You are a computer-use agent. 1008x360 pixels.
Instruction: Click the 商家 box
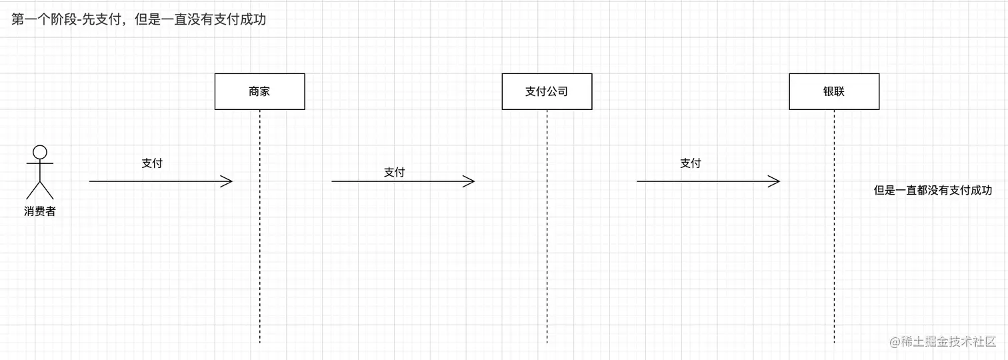pos(259,91)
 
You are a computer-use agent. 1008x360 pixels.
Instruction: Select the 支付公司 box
pos(547,91)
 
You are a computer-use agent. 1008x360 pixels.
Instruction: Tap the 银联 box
pos(834,91)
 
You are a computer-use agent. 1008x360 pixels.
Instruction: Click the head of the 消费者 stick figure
pos(40,151)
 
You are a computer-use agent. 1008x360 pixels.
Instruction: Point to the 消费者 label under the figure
pos(40,212)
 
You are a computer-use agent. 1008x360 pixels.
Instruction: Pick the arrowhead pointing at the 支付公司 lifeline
pos(469,181)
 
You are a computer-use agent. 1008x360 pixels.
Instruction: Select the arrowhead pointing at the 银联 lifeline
pos(775,181)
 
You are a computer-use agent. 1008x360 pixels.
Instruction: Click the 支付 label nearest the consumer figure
pos(152,163)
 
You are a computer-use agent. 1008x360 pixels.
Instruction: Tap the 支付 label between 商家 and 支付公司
pos(394,172)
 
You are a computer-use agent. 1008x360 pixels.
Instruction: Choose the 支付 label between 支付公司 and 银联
pos(691,163)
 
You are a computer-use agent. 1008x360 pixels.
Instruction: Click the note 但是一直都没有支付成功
pos(933,190)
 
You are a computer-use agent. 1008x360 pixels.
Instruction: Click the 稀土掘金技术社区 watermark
pos(948,341)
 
